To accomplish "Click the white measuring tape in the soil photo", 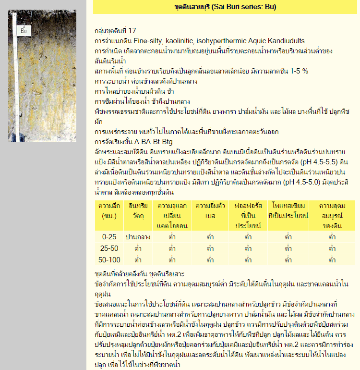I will pyautogui.click(x=18, y=86).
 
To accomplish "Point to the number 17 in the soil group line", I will pyautogui.click(x=132, y=31).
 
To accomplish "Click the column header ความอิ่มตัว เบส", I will pyautogui.click(x=210, y=210).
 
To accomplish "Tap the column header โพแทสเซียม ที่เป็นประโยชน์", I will pyautogui.click(x=288, y=210).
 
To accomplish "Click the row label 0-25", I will pyautogui.click(x=109, y=237).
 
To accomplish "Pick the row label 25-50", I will pyautogui.click(x=109, y=248).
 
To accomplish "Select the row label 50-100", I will pyautogui.click(x=109, y=260).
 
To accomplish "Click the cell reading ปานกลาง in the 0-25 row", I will pyautogui.click(x=138, y=237).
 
